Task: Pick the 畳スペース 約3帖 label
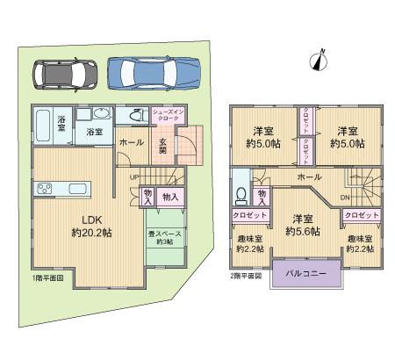pos(165,238)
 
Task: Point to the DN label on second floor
pos(344,197)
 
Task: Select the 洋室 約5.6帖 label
pos(302,225)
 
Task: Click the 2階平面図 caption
pos(246,275)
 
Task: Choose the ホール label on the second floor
pos(308,177)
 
